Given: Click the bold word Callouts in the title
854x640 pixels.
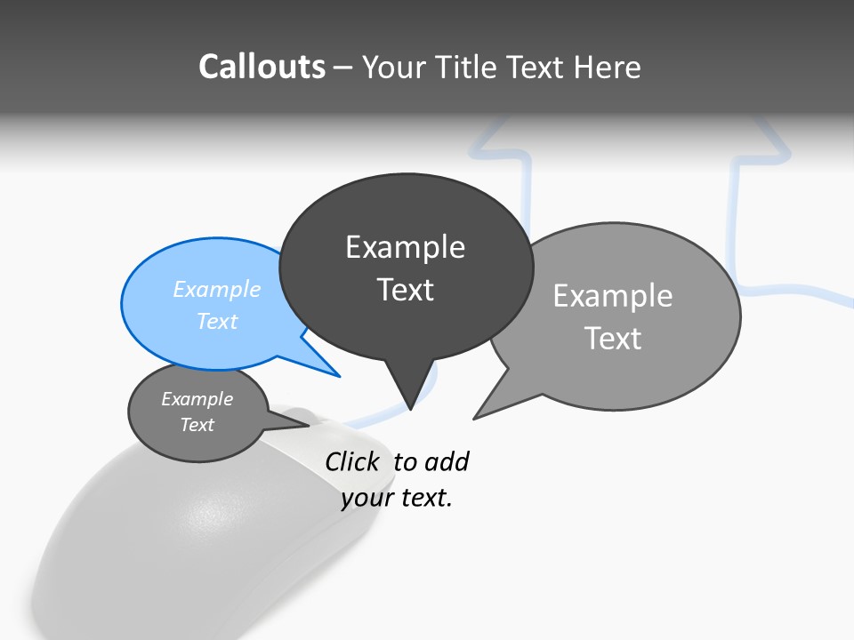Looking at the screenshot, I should [x=262, y=67].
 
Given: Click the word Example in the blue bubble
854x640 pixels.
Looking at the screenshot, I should [x=217, y=289].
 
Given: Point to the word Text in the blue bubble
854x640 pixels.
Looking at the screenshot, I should [x=217, y=321].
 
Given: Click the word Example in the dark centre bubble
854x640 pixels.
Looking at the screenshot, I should [x=406, y=247].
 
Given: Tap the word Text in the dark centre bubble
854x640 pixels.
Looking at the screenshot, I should [x=406, y=290].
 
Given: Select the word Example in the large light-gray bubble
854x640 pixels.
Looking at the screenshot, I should [x=613, y=296].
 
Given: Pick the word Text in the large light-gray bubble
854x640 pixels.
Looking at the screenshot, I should [x=613, y=339].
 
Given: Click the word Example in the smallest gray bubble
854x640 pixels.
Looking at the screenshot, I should [x=197, y=399].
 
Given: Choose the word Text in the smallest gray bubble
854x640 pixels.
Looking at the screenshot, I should [x=197, y=425].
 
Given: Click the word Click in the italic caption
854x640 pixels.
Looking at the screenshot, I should [x=351, y=462].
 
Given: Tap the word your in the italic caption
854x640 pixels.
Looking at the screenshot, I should [x=367, y=498].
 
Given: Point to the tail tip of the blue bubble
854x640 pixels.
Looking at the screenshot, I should [x=338, y=376].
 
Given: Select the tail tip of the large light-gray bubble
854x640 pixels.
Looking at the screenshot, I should [x=475, y=417].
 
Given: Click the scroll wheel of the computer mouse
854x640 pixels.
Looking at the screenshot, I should [x=301, y=414].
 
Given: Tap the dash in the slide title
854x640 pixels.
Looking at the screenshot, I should [x=343, y=68].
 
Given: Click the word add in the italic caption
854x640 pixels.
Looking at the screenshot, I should [x=447, y=462].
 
